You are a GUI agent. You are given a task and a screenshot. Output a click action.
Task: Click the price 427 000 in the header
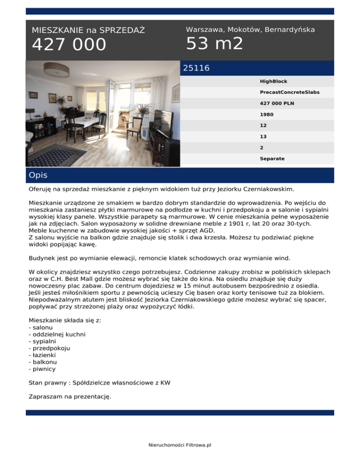coord(69,45)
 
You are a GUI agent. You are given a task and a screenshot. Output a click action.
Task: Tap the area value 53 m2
coord(214,44)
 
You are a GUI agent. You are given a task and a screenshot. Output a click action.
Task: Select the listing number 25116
coord(196,68)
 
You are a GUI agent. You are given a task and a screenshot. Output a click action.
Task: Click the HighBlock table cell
coord(273,81)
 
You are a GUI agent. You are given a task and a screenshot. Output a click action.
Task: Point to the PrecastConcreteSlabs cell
coord(289,92)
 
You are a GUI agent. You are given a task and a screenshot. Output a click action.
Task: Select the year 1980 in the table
coord(267,114)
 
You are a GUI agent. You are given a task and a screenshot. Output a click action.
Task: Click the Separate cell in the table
coord(272,158)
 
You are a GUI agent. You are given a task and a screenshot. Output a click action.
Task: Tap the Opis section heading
coord(37,175)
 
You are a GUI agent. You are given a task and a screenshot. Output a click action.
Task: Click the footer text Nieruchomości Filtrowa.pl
coord(180,445)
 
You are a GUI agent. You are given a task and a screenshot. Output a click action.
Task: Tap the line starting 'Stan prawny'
coord(99,383)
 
